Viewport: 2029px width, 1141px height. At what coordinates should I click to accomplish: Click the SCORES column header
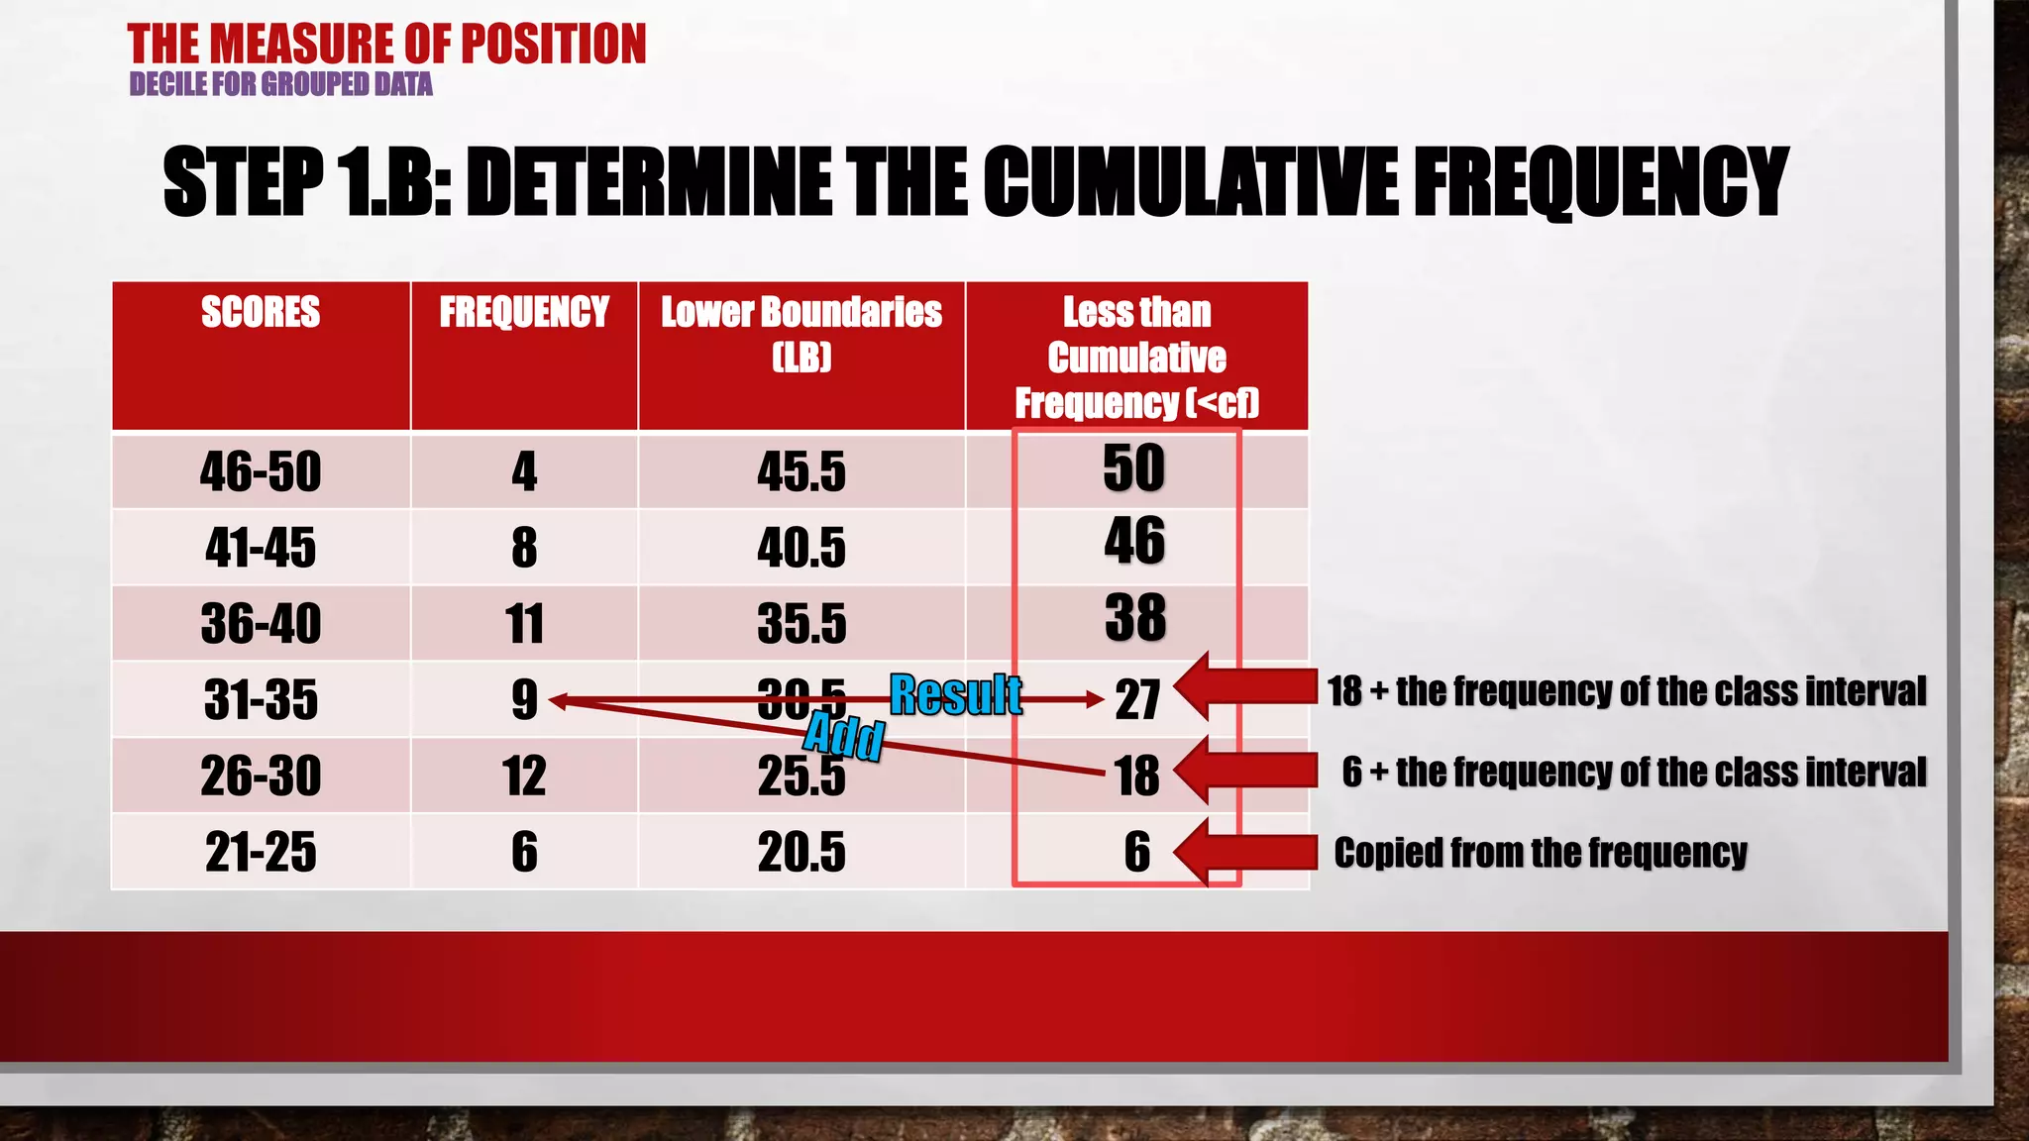(x=261, y=312)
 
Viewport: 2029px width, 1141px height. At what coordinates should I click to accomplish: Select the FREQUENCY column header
(x=524, y=312)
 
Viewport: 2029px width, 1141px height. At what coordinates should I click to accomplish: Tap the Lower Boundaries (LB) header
(x=801, y=333)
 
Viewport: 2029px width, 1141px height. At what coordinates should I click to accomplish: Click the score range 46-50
(x=261, y=471)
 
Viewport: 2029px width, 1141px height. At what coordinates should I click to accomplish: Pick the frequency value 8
(x=524, y=548)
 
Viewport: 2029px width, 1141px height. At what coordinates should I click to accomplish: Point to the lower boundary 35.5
(x=801, y=624)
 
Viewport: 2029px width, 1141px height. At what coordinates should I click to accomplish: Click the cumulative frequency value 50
(x=1134, y=467)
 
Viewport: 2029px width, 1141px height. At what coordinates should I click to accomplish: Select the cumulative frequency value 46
(x=1134, y=541)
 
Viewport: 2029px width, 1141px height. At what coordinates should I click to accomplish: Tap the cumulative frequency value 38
(x=1135, y=617)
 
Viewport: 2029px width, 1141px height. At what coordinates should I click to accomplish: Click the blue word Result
(x=955, y=694)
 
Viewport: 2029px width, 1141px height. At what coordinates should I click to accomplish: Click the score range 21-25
(x=261, y=852)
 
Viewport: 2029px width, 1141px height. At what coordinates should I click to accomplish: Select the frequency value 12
(x=524, y=776)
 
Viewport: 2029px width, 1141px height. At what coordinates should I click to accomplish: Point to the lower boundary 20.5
(x=801, y=852)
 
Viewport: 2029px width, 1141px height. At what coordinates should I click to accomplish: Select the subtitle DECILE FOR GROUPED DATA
(x=281, y=84)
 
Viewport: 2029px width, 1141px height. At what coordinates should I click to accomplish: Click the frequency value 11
(x=524, y=624)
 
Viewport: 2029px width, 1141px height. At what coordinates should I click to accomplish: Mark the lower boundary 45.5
(x=801, y=471)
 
